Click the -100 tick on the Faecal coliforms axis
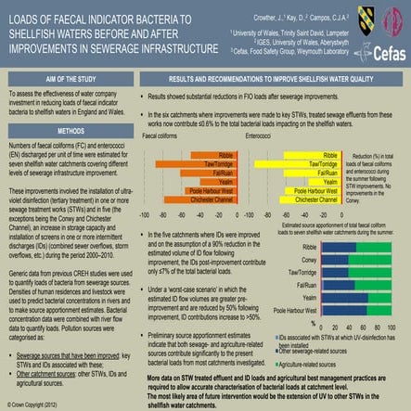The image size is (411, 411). point(144,213)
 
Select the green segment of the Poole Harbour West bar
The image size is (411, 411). point(385,311)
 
